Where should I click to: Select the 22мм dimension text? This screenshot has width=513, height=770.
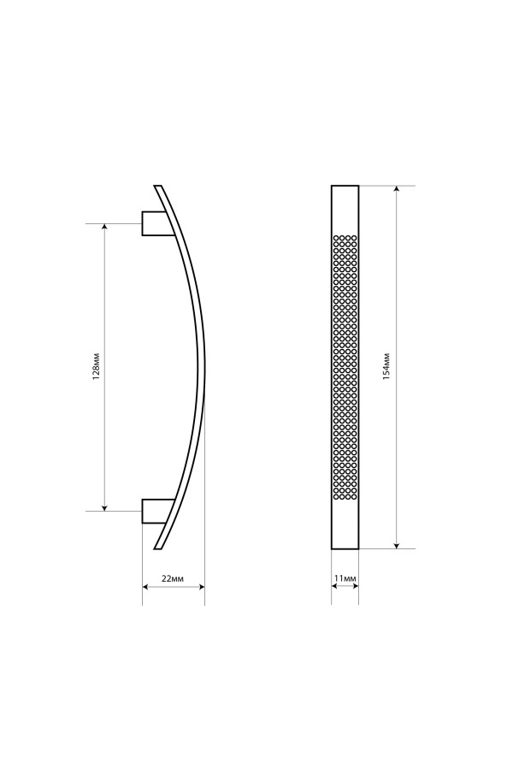(x=173, y=578)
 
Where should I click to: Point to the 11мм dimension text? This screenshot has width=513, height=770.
(x=345, y=578)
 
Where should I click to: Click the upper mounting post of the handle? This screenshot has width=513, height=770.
(x=156, y=223)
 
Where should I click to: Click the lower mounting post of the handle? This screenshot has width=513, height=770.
(x=157, y=512)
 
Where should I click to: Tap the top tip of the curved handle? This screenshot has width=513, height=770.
(x=157, y=186)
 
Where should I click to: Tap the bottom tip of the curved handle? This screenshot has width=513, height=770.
(x=157, y=548)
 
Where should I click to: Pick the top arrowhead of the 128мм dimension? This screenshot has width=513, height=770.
(x=104, y=228)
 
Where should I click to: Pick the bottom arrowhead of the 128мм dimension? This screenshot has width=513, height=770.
(x=104, y=506)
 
